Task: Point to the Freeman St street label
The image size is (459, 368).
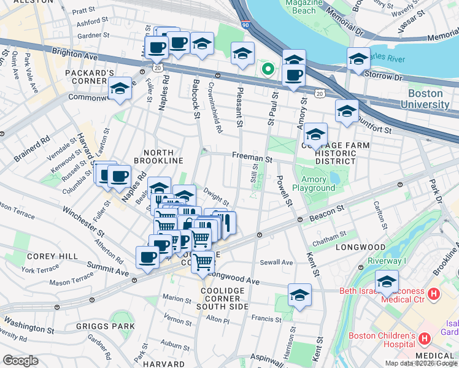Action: (252, 158)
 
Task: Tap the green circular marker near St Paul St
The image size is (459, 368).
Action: (267, 69)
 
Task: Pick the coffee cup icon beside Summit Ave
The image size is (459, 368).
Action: (148, 258)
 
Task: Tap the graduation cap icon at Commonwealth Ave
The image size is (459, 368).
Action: (120, 90)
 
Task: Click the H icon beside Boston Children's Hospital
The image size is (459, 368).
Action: (424, 339)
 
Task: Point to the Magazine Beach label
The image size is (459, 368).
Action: (301, 7)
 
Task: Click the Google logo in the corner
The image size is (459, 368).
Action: (20, 360)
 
